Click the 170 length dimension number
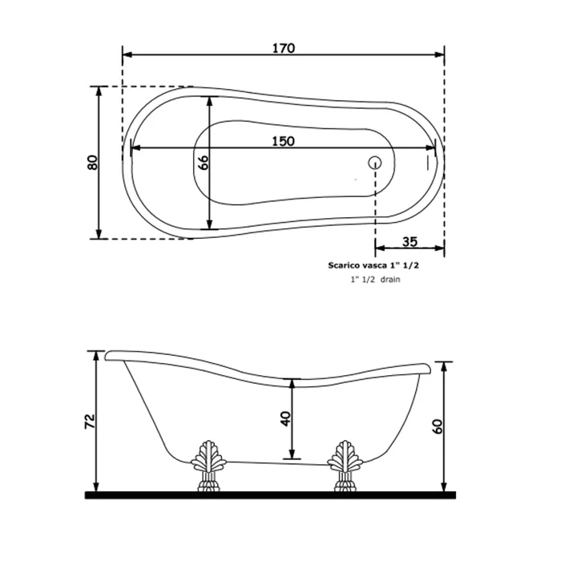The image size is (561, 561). click(284, 48)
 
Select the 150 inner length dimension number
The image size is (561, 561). click(284, 141)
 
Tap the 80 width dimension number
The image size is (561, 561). click(92, 163)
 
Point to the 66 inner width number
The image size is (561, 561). click(203, 163)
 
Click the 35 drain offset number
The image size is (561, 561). click(410, 242)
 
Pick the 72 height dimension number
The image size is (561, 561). click(90, 422)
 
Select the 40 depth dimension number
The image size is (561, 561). click(286, 418)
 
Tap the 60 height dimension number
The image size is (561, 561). click(438, 426)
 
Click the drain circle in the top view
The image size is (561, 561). click(374, 163)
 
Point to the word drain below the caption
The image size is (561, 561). click(390, 280)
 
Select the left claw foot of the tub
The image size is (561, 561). click(208, 466)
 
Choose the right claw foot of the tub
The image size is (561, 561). click(345, 466)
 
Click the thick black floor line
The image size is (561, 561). click(270, 495)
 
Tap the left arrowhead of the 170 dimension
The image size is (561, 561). click(127, 54)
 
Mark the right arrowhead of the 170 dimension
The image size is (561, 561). click(439, 54)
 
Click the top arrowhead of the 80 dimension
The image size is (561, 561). click(99, 92)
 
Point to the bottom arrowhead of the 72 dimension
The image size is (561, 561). click(96, 486)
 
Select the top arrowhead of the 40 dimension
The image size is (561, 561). click(293, 384)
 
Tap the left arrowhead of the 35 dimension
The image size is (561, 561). click(381, 248)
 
